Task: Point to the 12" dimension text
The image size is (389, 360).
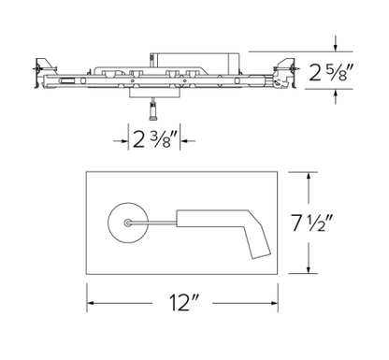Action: tap(183, 305)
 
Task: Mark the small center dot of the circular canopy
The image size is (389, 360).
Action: tap(128, 223)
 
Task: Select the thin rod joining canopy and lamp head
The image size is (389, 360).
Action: tap(155, 223)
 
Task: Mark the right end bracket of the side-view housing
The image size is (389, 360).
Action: tap(282, 73)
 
